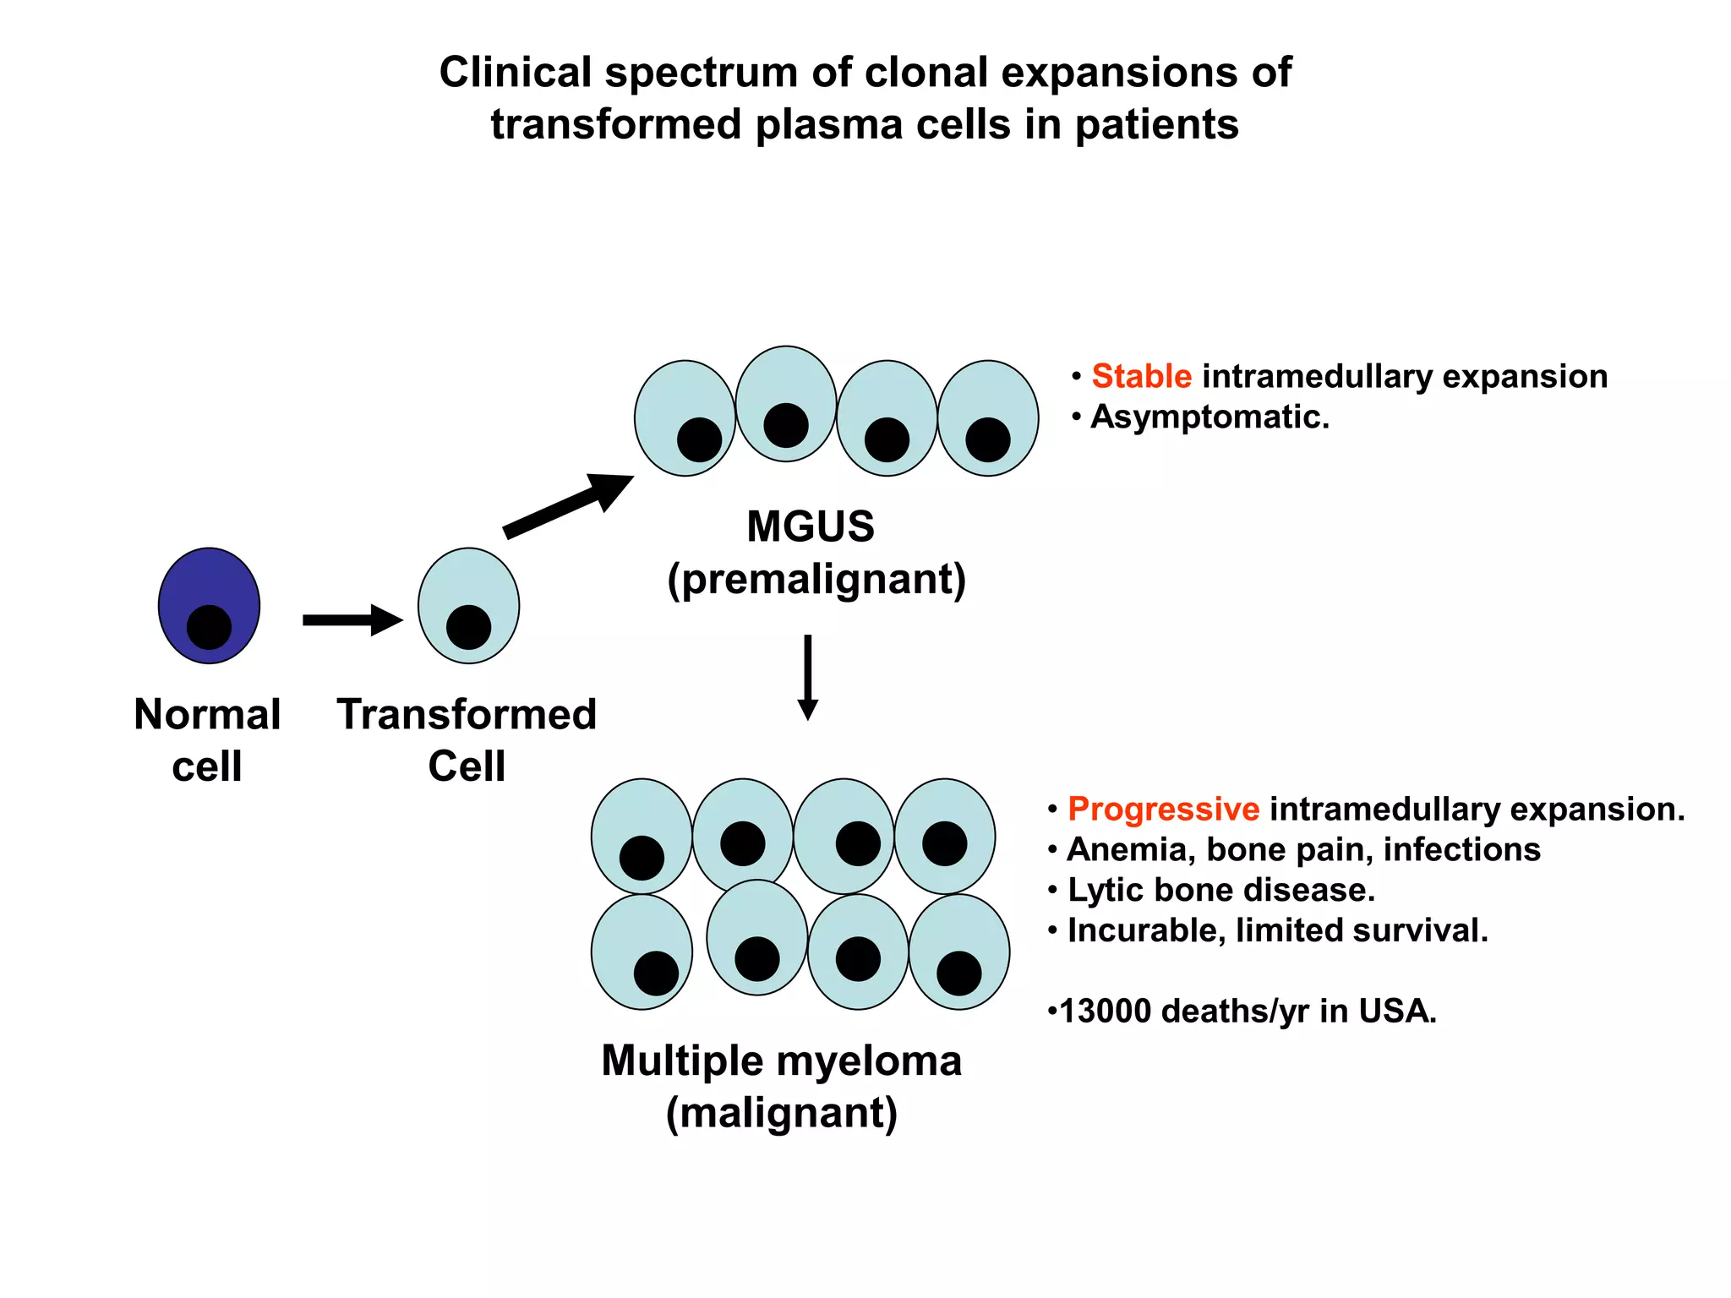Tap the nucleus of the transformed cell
468,627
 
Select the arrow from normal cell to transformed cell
352,620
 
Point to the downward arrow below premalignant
808,676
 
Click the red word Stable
1141,376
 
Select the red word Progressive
1163,809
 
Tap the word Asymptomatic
1210,417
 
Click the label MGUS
811,526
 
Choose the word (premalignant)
816,580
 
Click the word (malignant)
782,1113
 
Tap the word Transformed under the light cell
467,714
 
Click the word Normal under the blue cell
207,714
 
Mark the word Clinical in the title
515,72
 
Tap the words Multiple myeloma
781,1061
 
